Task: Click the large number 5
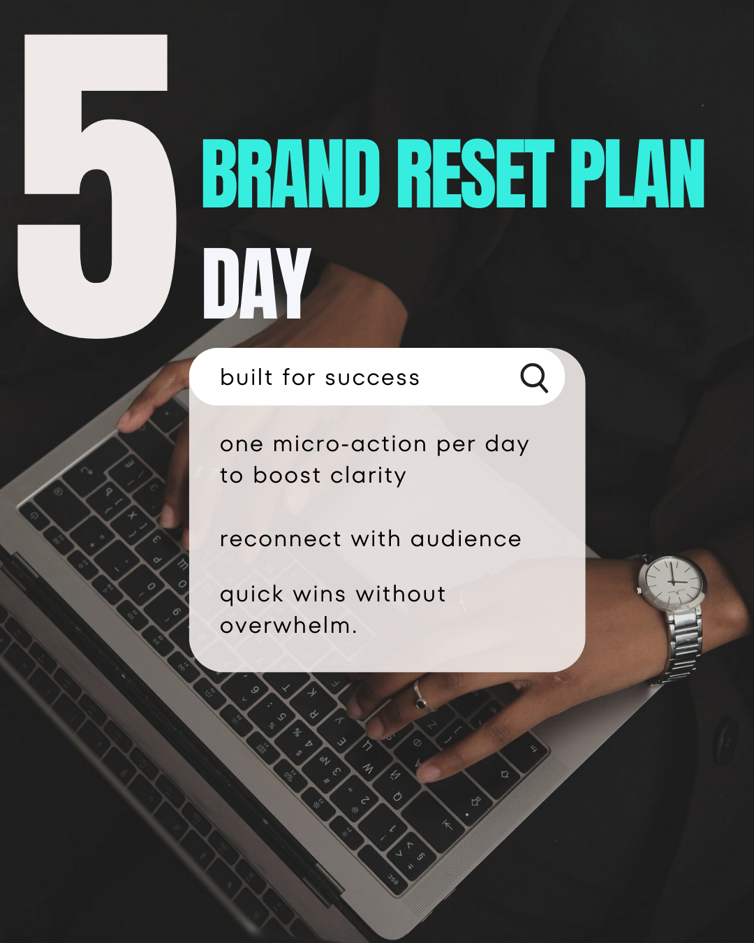[98, 189]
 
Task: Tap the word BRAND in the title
[290, 174]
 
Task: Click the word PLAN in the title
[636, 174]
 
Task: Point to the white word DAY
[256, 284]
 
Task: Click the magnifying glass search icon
[534, 378]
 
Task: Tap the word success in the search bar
[372, 378]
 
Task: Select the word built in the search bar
[246, 377]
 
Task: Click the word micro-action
[350, 444]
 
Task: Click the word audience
[466, 539]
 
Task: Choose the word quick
[251, 595]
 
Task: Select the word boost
[287, 476]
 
